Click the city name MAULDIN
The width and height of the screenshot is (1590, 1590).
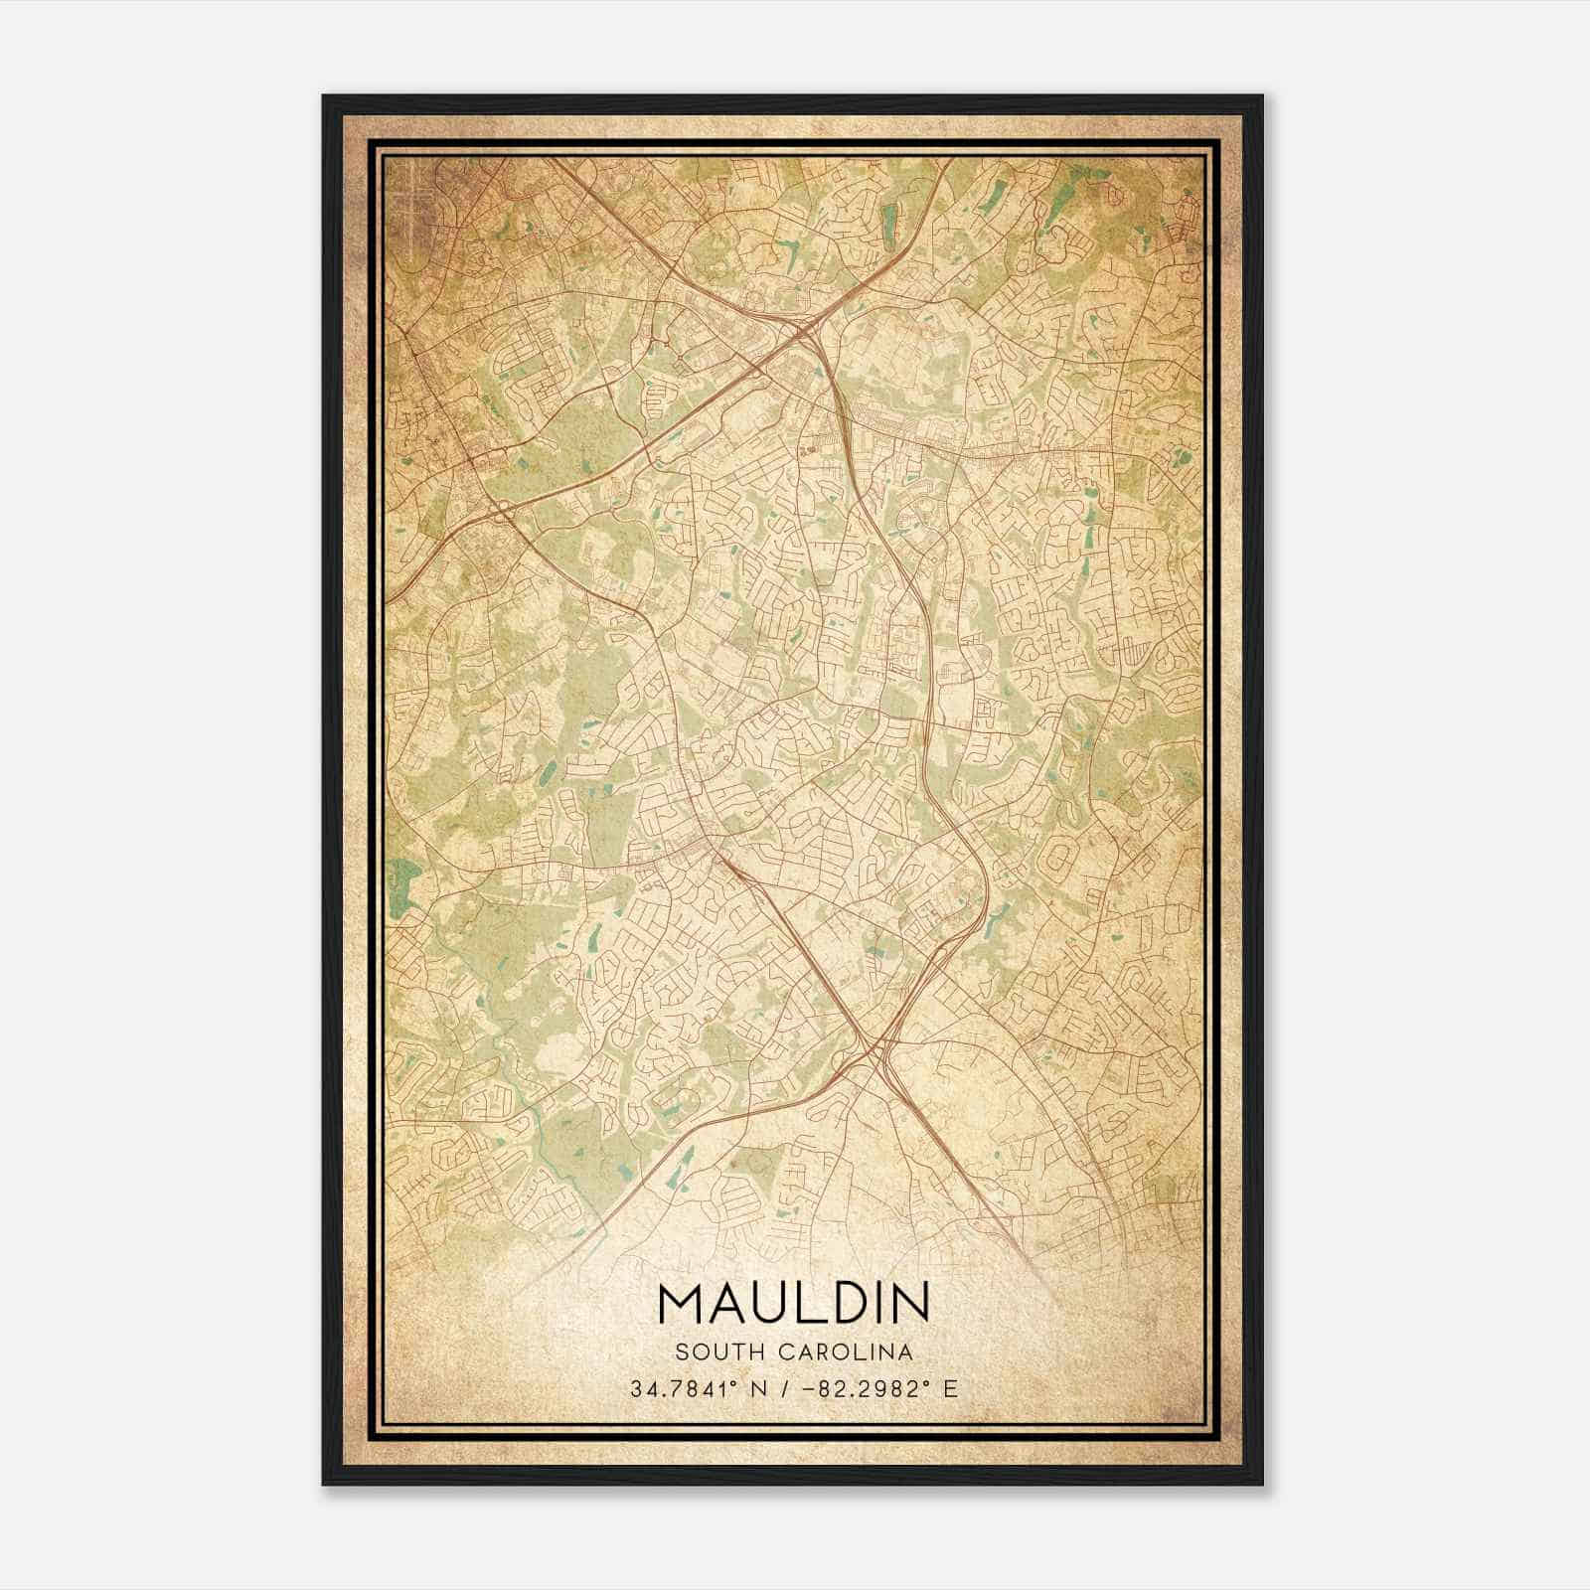point(794,1303)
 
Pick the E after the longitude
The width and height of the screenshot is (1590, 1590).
point(951,1389)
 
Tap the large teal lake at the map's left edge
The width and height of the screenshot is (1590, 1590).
point(404,880)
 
